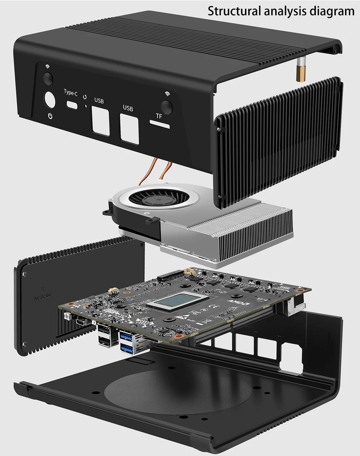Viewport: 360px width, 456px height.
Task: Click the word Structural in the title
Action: [234, 11]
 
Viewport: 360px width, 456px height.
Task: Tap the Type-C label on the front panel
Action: [70, 93]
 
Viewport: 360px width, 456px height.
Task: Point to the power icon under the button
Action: [50, 116]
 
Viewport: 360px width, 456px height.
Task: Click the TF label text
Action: [159, 116]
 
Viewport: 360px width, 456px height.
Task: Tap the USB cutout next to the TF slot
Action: [129, 129]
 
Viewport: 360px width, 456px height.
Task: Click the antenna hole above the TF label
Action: [167, 107]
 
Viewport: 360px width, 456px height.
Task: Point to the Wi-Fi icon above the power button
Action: [48, 66]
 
